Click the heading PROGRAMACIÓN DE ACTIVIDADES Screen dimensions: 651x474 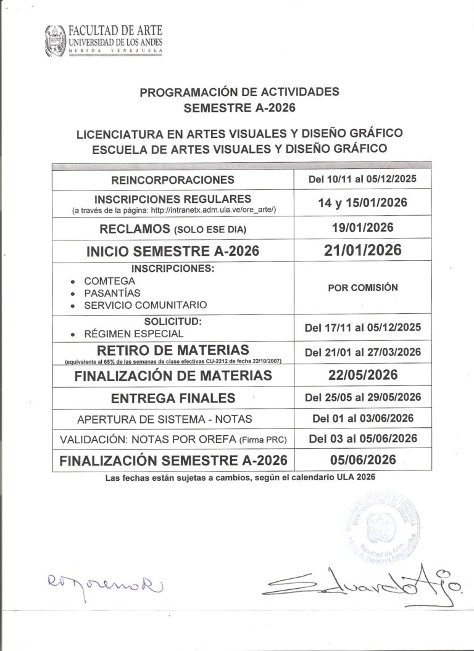239,92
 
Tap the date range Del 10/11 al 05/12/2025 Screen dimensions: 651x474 363,179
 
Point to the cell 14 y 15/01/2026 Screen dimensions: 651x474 363,203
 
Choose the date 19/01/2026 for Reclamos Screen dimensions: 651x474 363,227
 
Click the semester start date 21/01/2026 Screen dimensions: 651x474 363,250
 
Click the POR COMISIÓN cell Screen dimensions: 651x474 363,287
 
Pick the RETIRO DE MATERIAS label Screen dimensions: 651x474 172,350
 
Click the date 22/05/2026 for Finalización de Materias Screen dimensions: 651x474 363,375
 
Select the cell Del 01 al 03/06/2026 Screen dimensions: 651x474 363,419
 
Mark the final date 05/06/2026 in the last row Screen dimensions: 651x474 363,460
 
